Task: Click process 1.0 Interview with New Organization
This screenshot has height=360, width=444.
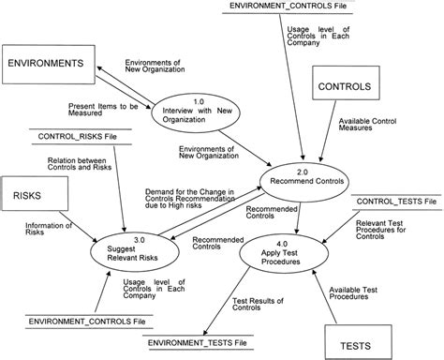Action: [x=185, y=112]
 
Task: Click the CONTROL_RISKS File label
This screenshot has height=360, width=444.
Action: [x=78, y=137]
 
